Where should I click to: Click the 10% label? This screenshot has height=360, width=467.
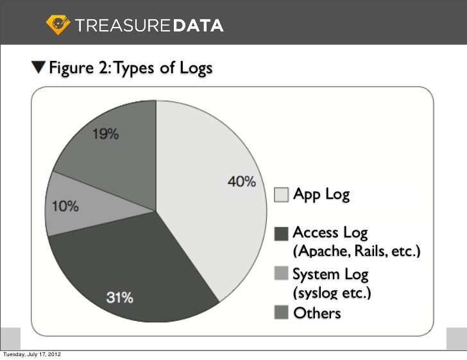point(65,207)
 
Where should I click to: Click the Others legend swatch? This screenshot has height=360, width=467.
point(281,313)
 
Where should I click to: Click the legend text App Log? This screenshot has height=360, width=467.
point(321,194)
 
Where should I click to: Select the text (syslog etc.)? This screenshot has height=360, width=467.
point(332,294)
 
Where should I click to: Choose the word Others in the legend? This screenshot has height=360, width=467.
point(317,313)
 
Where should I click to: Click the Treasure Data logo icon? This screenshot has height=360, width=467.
point(57,25)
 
